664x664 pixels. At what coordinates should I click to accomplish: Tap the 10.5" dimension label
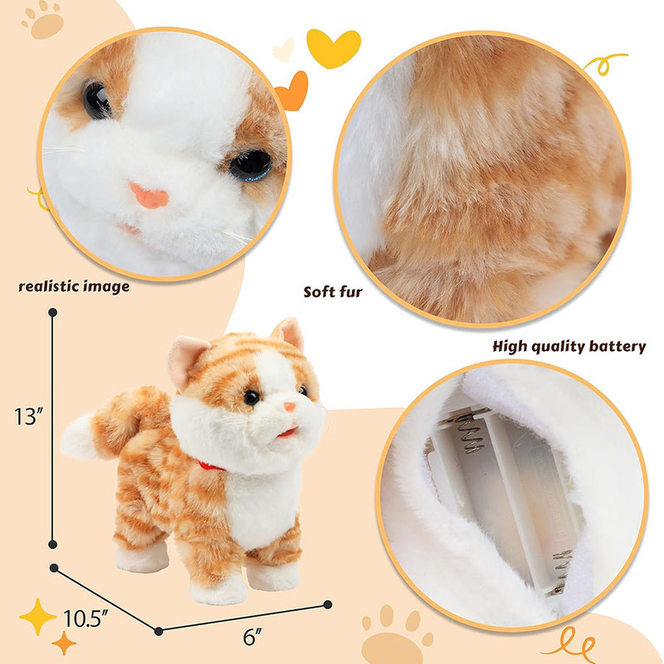(x=84, y=618)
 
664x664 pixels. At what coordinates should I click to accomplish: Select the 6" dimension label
(x=252, y=637)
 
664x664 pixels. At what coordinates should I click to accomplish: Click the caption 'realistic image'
(x=74, y=286)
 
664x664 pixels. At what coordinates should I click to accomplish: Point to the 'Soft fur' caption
(x=333, y=292)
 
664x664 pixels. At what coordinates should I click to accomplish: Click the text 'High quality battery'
(x=569, y=346)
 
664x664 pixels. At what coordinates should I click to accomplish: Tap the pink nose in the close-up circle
(x=149, y=196)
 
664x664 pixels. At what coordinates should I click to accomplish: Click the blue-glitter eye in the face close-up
(x=251, y=165)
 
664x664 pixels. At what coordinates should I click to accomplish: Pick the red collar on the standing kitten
(x=211, y=466)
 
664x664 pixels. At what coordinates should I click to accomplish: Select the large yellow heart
(x=334, y=48)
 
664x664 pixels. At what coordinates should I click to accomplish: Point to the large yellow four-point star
(x=37, y=617)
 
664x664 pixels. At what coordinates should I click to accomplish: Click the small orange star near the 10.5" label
(x=64, y=642)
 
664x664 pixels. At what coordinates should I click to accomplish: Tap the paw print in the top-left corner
(x=43, y=22)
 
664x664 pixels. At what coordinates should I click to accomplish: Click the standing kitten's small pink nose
(x=290, y=407)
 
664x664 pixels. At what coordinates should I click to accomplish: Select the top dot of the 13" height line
(x=53, y=313)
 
